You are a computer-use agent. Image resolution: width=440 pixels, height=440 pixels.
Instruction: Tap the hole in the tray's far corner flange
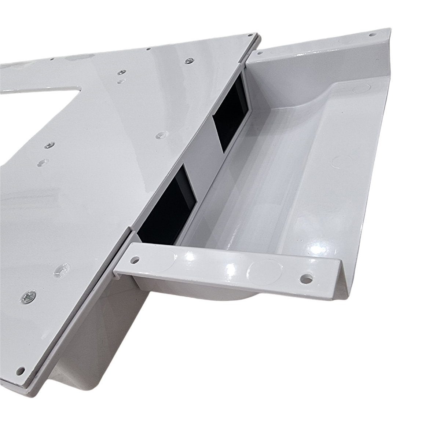click(x=373, y=35)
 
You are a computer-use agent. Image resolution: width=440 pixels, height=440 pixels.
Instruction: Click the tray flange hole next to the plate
click(x=261, y=54)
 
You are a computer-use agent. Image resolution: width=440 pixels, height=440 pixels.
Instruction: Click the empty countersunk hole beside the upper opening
click(x=161, y=135)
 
